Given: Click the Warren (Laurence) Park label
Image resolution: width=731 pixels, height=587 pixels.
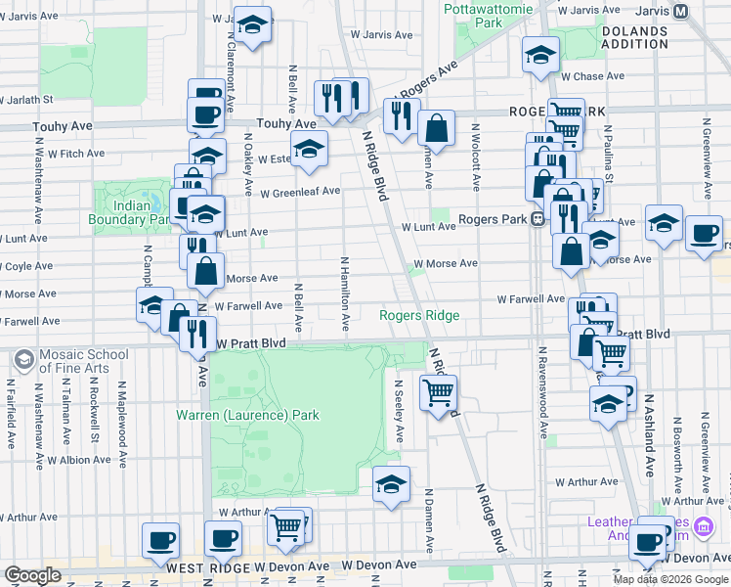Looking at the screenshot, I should click(x=247, y=415).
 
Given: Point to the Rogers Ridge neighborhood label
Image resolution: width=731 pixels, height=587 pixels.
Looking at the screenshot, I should click(x=419, y=314).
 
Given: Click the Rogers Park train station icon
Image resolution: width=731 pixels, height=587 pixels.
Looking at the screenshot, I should click(x=537, y=220).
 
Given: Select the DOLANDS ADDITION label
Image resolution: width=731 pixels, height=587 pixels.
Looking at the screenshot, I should click(x=634, y=37).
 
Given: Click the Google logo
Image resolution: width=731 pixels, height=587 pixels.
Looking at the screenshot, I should click(x=33, y=575).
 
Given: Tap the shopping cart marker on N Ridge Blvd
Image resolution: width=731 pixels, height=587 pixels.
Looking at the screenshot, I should click(x=438, y=393).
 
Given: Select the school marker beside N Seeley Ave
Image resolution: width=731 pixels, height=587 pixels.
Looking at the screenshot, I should click(x=391, y=483).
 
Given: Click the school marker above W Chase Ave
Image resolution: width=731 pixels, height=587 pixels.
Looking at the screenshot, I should click(x=538, y=55).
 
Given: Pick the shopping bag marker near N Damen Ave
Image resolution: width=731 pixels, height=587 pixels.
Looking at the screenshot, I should click(x=436, y=127).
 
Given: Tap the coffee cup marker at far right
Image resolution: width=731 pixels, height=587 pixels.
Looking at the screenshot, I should click(x=704, y=233).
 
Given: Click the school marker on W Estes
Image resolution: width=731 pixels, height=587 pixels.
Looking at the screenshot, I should click(x=309, y=149).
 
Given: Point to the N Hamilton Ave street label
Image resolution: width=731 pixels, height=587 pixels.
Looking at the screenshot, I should click(x=345, y=293).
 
